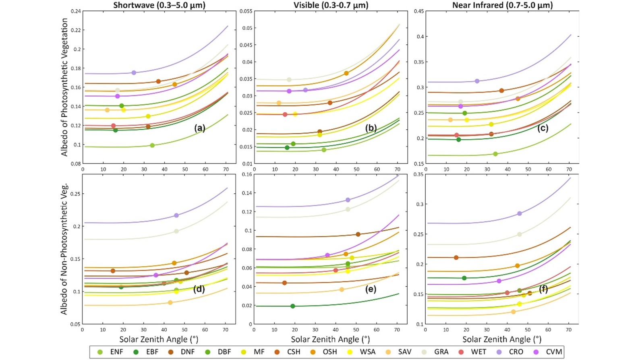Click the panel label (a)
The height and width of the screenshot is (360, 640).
click(200, 128)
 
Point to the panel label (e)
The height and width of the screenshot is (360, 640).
click(371, 289)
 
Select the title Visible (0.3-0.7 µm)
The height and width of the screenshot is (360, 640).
click(331, 5)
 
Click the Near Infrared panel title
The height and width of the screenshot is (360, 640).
click(502, 5)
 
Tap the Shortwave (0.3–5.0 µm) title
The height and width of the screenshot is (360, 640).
click(159, 5)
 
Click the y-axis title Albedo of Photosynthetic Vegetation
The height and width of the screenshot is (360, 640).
click(64, 87)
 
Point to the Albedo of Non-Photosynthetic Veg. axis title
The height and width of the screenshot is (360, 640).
click(64, 249)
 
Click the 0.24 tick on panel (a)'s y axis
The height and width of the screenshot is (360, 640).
click(75, 11)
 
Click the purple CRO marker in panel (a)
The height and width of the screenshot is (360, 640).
click(134, 73)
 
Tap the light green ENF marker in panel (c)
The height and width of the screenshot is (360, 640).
click(495, 154)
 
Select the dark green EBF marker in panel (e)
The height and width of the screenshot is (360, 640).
click(293, 306)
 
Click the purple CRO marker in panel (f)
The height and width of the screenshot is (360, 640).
click(520, 213)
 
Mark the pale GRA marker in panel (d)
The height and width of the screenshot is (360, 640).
click(176, 231)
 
